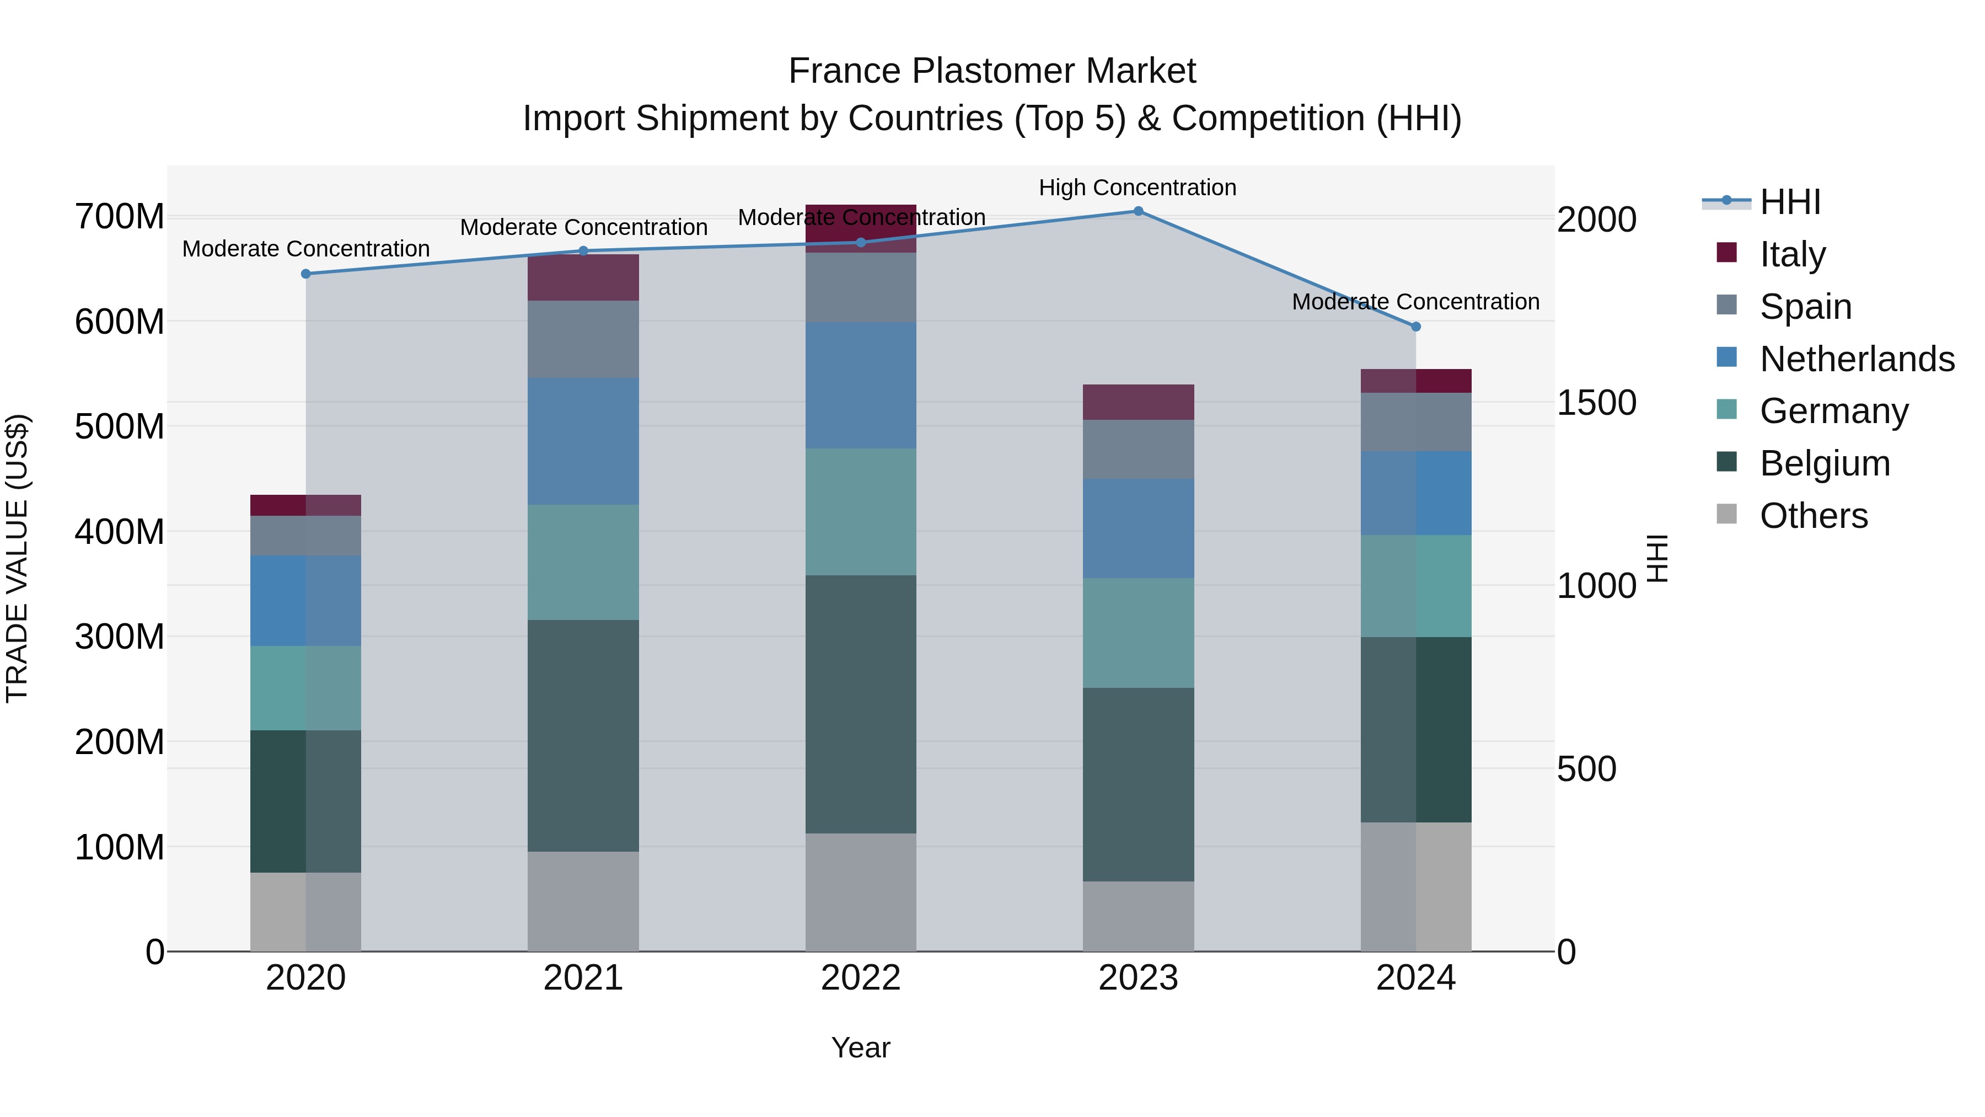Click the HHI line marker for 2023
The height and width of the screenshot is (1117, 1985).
1138,211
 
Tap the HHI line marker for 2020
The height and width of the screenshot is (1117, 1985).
306,274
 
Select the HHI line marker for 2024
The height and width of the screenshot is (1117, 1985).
1415,327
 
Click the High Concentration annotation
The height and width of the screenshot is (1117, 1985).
1138,188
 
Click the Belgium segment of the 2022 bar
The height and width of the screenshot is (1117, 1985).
861,704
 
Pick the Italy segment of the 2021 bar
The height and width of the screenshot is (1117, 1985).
583,277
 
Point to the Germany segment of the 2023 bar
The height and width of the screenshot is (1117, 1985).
1138,633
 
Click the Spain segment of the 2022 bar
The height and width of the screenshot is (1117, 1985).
861,287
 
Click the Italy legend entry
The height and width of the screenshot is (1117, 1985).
1793,254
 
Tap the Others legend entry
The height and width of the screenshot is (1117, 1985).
1813,516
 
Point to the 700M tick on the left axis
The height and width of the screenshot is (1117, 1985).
120,217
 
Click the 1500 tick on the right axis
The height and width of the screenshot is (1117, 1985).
1596,403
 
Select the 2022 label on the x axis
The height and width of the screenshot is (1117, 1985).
861,978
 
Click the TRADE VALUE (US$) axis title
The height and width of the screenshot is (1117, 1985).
17,558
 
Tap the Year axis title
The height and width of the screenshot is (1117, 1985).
861,1047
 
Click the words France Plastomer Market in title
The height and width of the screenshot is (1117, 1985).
992,71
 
